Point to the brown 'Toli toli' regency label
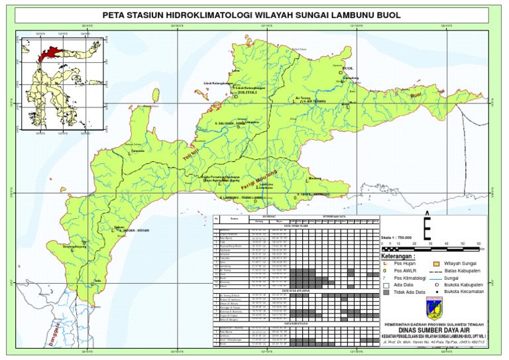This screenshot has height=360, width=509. pyautogui.click(x=193, y=156)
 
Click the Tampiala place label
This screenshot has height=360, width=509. pyautogui.click(x=138, y=151)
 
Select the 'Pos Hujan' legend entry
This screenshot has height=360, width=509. pyautogui.click(x=408, y=264)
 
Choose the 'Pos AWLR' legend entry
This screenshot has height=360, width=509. pyautogui.click(x=409, y=271)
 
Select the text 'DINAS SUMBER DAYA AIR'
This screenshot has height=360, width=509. pyautogui.click(x=432, y=330)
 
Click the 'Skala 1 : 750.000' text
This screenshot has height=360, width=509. pyautogui.click(x=396, y=236)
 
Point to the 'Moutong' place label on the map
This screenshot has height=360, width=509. pyautogui.click(x=315, y=178)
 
